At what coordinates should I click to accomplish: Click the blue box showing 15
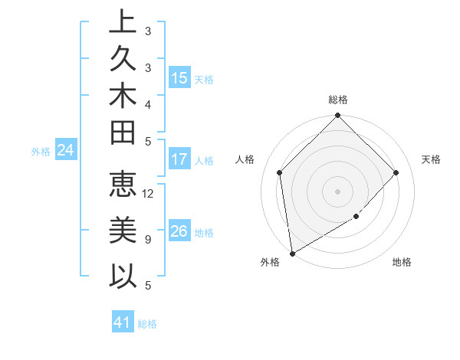(179, 78)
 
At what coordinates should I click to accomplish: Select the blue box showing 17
(179, 160)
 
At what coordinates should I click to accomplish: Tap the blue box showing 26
(179, 231)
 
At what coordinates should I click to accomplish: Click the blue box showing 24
(66, 151)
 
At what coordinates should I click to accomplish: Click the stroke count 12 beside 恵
(149, 194)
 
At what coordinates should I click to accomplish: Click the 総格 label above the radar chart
(338, 100)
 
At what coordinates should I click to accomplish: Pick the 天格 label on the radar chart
(432, 159)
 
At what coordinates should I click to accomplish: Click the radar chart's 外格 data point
(292, 254)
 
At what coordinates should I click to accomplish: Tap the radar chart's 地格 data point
(356, 217)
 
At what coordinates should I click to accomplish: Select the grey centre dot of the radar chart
(338, 191)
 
